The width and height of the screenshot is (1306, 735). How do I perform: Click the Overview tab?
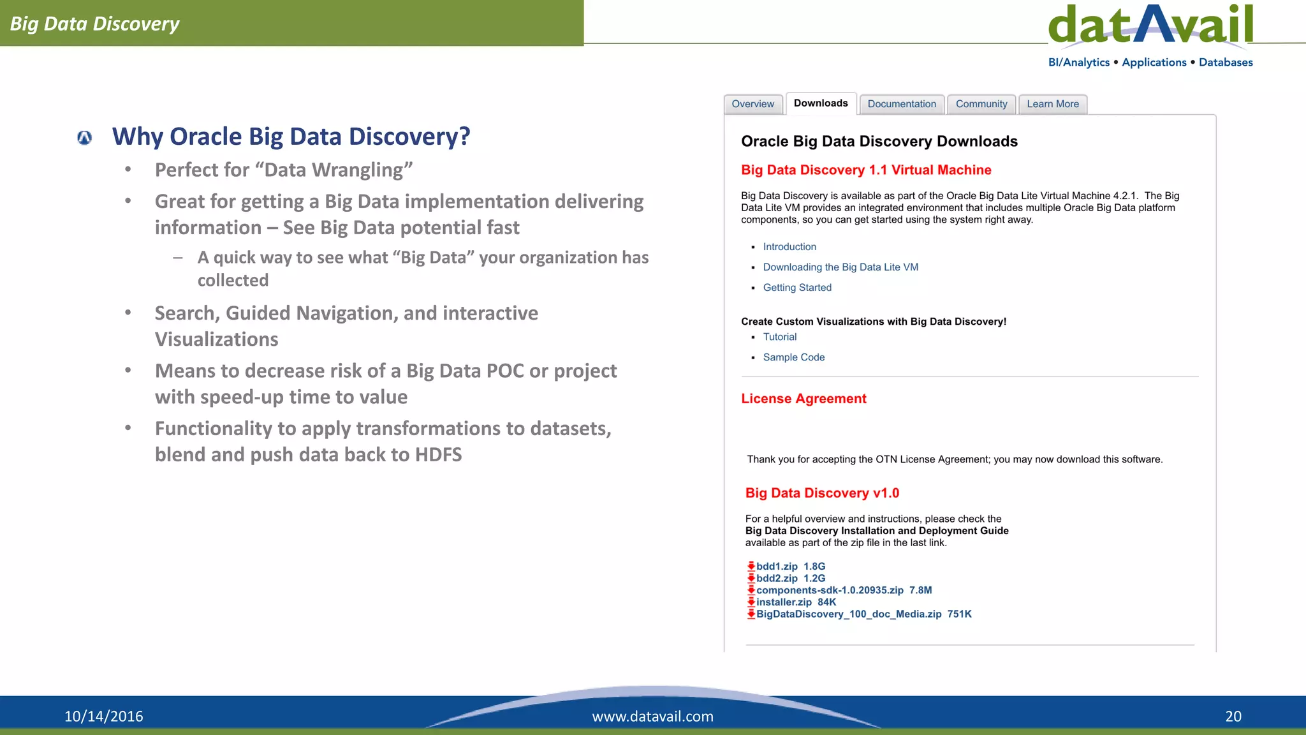[x=752, y=104]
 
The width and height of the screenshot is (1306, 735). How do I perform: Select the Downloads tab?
[x=821, y=103]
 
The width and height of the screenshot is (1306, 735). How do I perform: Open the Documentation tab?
[x=902, y=104]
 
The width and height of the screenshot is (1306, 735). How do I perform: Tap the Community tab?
[x=981, y=104]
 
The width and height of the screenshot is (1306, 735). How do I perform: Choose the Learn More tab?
[x=1053, y=104]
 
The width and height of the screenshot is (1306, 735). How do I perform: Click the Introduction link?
[x=789, y=247]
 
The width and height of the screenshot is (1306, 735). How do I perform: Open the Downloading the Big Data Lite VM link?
[x=840, y=267]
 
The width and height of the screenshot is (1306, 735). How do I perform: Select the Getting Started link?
[x=797, y=288]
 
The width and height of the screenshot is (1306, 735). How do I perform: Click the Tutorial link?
[x=780, y=337]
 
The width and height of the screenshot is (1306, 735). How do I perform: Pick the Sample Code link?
[x=794, y=357]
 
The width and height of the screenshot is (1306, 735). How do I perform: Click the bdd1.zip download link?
[x=777, y=567]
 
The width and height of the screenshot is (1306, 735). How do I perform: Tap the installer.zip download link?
[x=784, y=602]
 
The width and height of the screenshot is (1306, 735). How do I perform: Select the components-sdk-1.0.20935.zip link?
[x=830, y=590]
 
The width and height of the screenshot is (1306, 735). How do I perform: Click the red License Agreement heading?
[x=803, y=399]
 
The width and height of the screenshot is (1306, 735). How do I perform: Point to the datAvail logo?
[x=1150, y=26]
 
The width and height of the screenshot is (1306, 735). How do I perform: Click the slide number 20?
[x=1233, y=716]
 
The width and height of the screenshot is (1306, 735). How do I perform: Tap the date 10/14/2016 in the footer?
[x=104, y=716]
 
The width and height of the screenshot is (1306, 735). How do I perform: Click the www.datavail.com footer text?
[x=652, y=716]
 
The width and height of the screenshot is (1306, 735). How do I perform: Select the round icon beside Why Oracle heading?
[x=84, y=137]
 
